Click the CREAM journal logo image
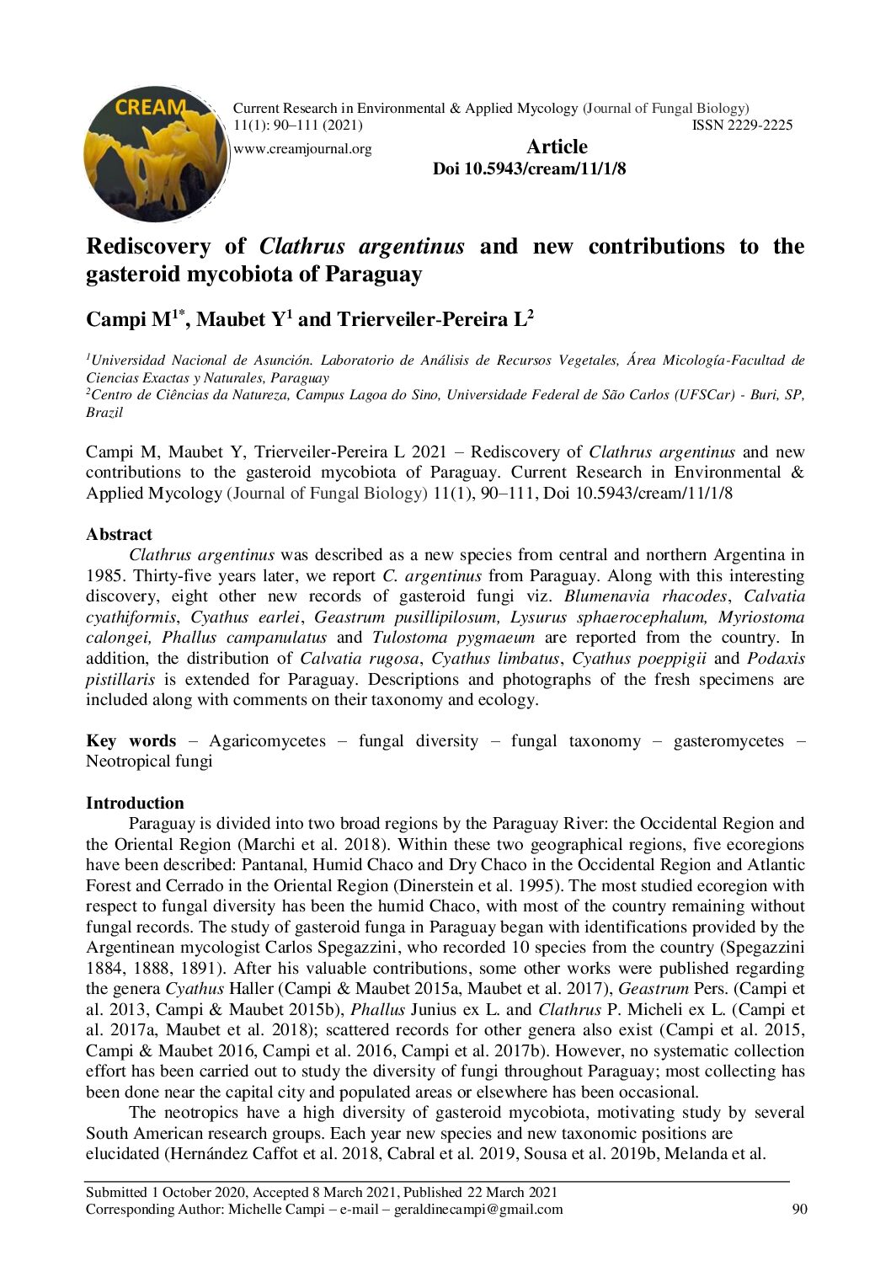[156, 153]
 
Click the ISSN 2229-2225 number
[742, 126]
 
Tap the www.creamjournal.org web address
[302, 149]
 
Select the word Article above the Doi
[557, 147]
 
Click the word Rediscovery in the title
[148, 246]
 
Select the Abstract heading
[119, 534]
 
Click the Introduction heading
[135, 803]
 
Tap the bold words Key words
[131, 740]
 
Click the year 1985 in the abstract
[103, 576]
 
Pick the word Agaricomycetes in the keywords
[267, 740]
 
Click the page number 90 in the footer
[800, 1210]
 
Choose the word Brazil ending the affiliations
[104, 413]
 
